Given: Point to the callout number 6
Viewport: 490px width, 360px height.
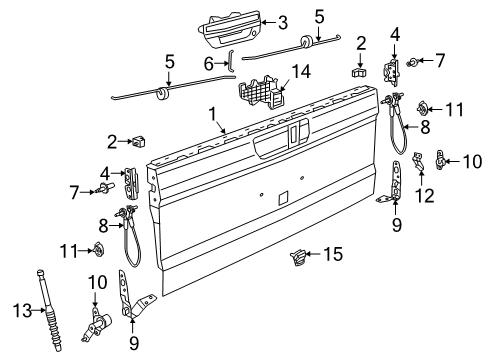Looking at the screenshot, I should tap(208, 63).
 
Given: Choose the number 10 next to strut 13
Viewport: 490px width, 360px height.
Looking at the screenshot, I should tap(95, 282).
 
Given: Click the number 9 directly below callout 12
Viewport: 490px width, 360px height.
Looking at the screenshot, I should tap(395, 224).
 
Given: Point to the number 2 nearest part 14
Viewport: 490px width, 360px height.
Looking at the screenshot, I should tap(361, 43).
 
